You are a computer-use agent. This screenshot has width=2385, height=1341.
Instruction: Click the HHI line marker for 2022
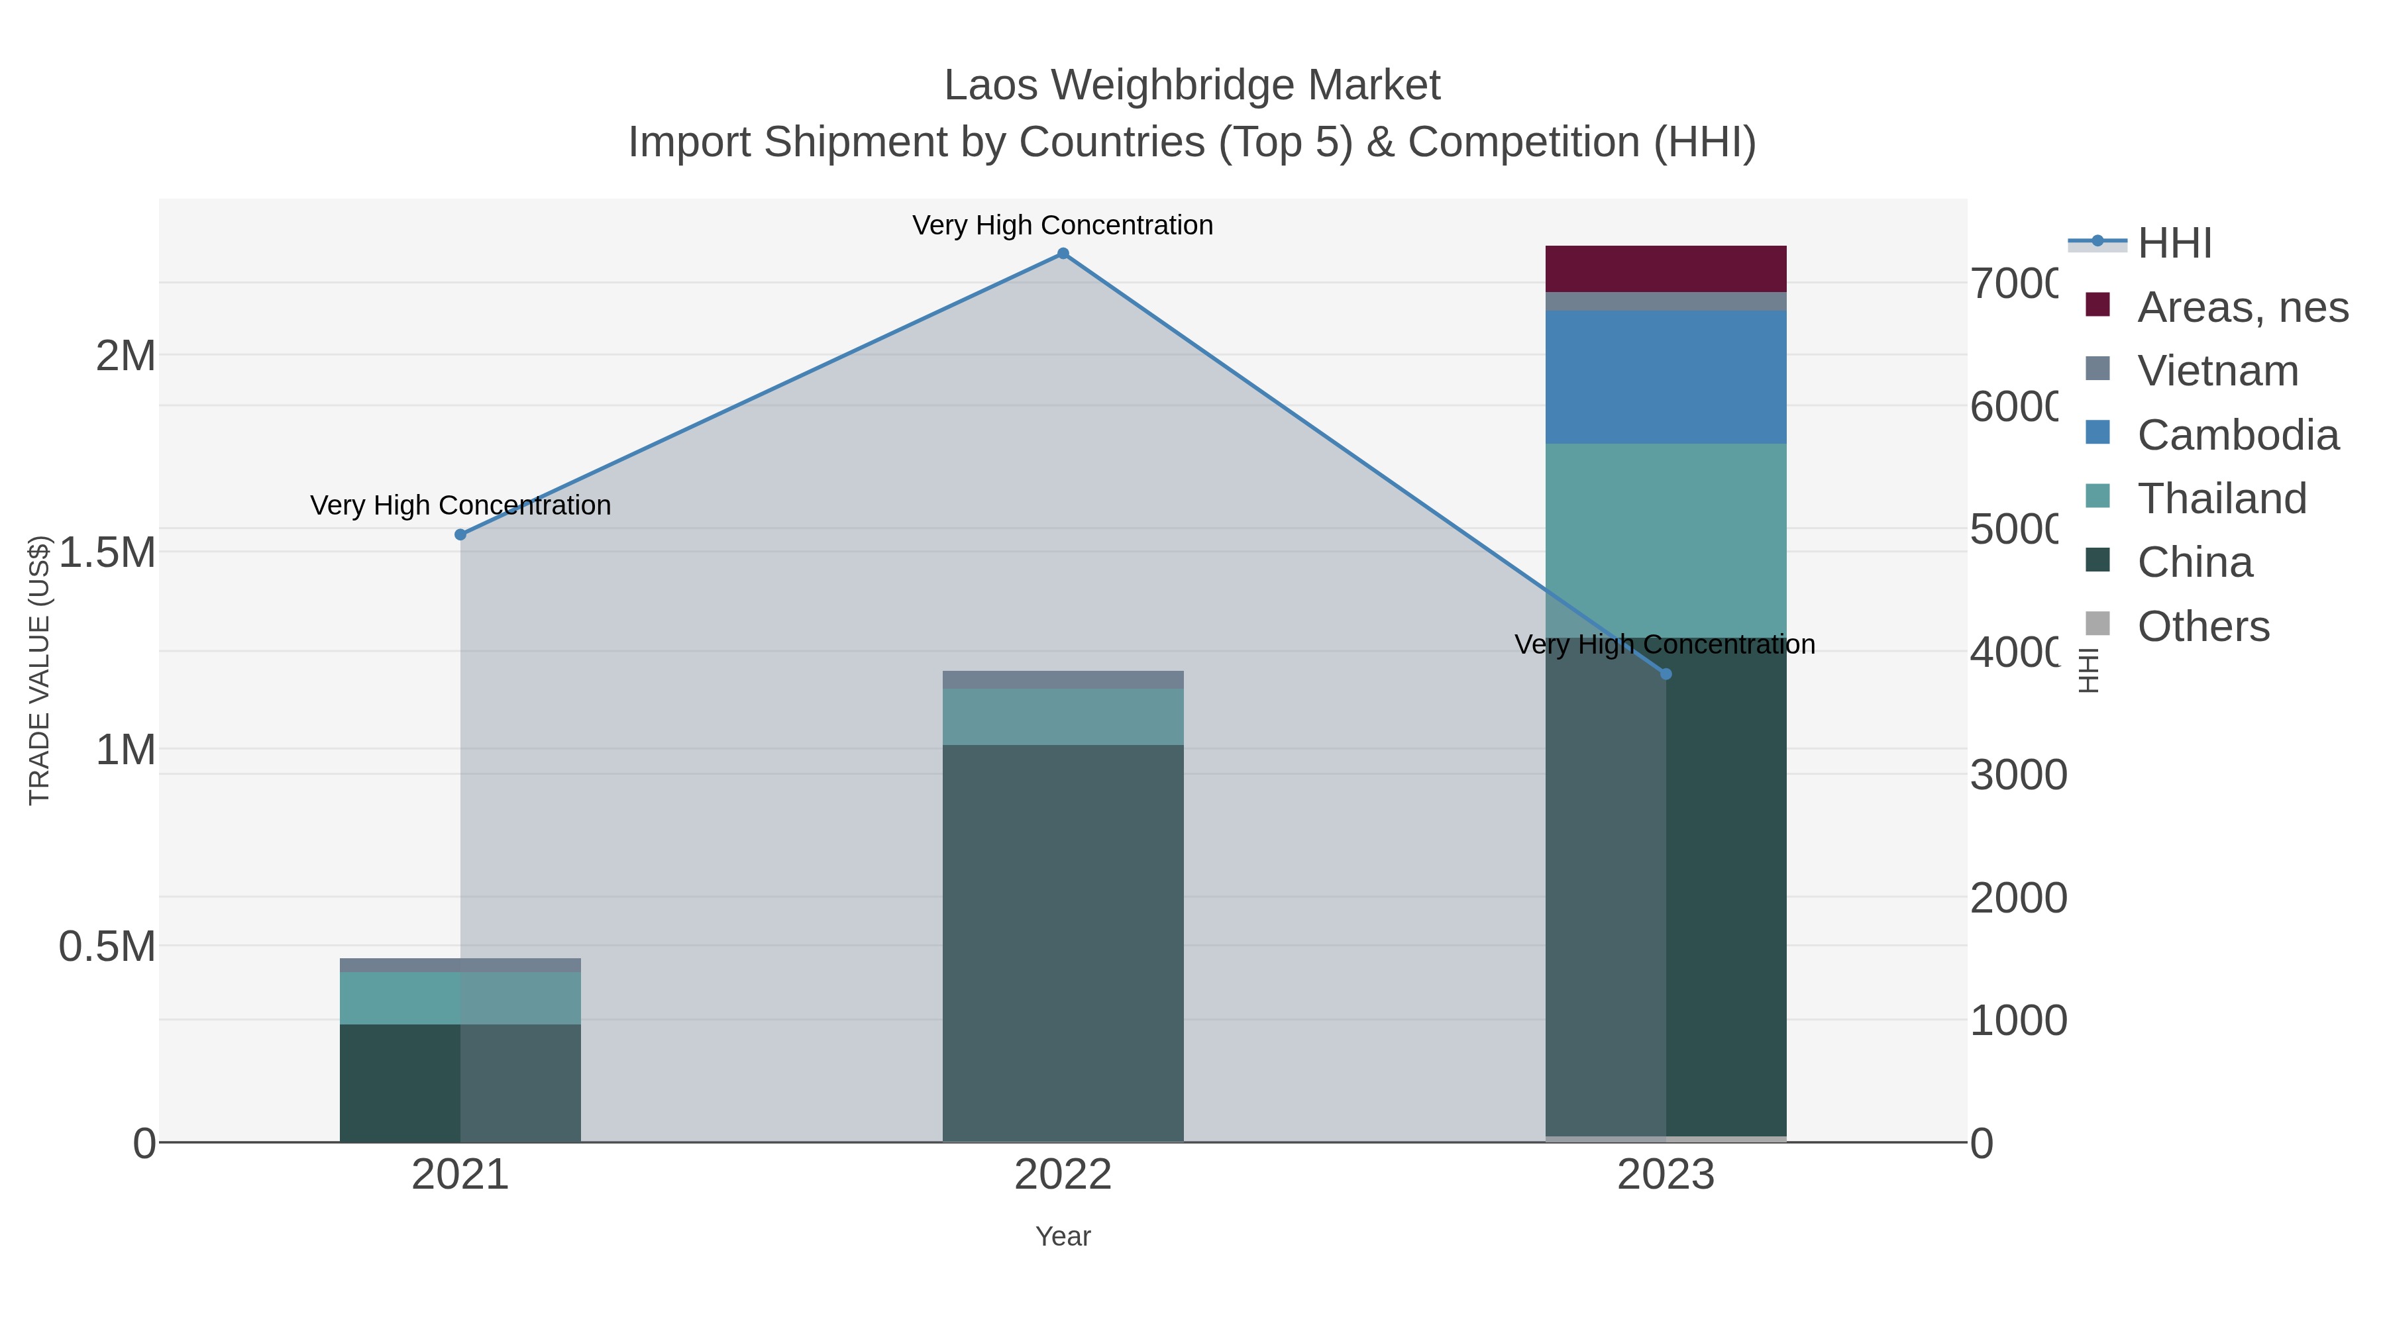[1063, 254]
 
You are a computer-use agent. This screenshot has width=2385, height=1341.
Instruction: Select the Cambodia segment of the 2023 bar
[1666, 377]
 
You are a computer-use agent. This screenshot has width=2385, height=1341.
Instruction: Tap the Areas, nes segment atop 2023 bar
[1666, 268]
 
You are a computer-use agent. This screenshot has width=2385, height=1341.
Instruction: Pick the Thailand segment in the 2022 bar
[1063, 717]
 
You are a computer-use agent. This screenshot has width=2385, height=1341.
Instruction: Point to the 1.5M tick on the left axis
[107, 552]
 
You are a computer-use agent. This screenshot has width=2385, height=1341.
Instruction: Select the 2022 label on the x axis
[1063, 1175]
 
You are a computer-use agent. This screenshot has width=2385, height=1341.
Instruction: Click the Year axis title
[1063, 1236]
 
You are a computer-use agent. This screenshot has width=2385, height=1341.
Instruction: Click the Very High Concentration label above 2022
[1063, 225]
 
